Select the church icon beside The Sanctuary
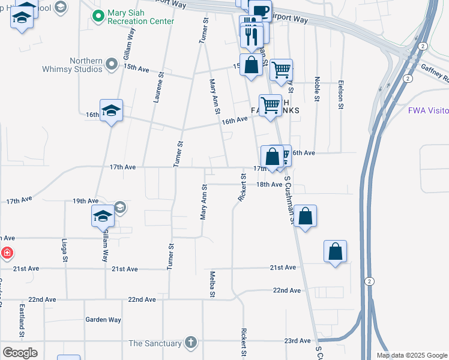190,343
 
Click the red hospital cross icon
7,253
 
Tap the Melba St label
212,283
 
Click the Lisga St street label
65,251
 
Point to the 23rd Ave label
298,341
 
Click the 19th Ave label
85,201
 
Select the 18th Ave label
269,185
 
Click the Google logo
20,353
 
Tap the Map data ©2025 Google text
412,355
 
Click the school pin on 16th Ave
111,111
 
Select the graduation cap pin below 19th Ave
103,216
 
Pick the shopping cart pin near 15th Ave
281,70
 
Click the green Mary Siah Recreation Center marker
98,16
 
